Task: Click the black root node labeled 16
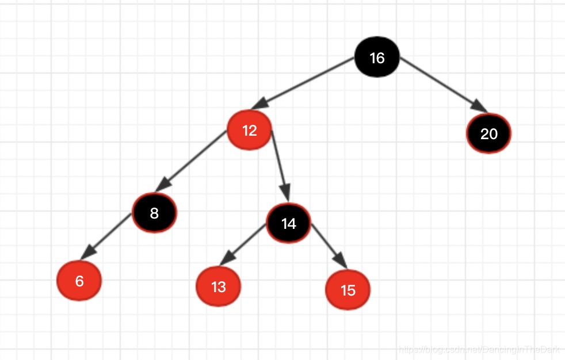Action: [x=377, y=58]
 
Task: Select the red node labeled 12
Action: [x=249, y=131]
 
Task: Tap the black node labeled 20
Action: [x=488, y=134]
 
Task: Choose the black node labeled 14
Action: [x=289, y=223]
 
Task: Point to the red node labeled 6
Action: [x=79, y=281]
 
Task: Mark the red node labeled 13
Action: [x=219, y=286]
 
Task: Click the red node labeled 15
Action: [x=348, y=290]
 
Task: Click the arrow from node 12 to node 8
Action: [x=193, y=160]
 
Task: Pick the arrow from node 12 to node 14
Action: [x=280, y=164]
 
